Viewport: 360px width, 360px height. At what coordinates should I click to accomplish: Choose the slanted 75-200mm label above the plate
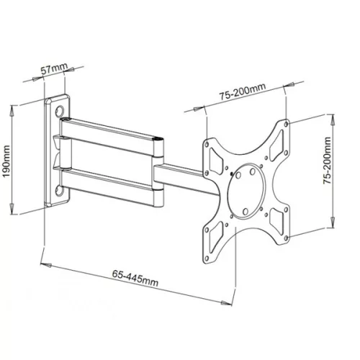click(243, 96)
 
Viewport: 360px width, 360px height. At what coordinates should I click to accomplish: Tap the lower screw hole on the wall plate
click(59, 190)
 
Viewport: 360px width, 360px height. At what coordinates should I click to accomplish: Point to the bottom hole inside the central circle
click(246, 211)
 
